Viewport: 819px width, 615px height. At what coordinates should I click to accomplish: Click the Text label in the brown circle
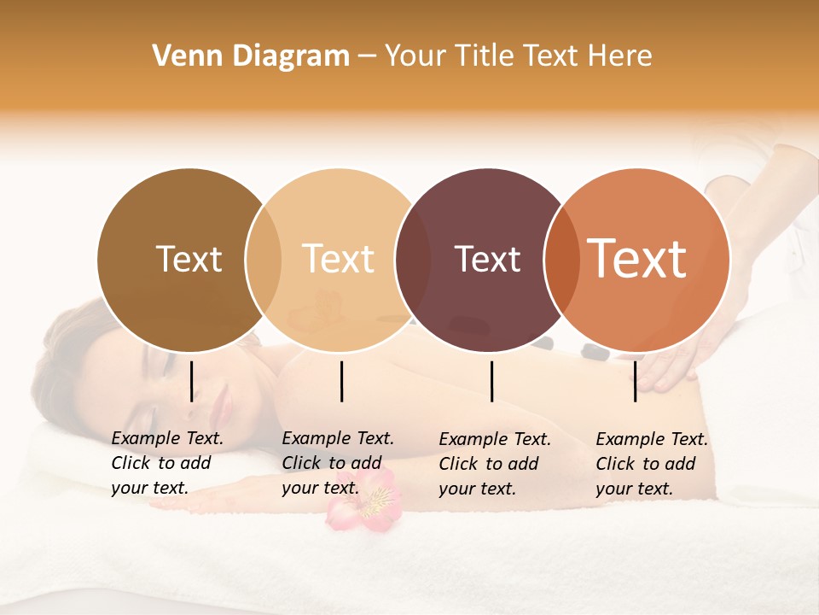tap(189, 259)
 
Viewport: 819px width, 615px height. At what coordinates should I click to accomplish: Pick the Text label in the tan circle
tap(339, 259)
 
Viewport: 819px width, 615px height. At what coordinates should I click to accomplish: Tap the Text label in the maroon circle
tap(487, 259)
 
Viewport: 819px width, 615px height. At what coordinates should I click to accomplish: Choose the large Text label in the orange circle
tap(637, 258)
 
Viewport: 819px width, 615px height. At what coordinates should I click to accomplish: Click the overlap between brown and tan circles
tap(264, 260)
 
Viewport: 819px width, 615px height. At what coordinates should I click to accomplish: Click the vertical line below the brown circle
tap(192, 381)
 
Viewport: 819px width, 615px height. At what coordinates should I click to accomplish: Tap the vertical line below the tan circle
tap(341, 381)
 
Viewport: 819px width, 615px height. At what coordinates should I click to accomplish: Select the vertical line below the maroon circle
tap(492, 381)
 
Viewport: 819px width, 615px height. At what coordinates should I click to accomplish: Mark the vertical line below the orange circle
tap(635, 381)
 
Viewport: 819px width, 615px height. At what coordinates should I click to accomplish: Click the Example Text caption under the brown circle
tap(167, 463)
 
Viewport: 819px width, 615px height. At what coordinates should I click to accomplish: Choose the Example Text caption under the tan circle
tap(338, 463)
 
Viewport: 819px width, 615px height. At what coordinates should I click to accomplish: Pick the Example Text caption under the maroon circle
tap(495, 464)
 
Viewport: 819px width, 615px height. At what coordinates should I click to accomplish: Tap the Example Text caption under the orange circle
tap(652, 464)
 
